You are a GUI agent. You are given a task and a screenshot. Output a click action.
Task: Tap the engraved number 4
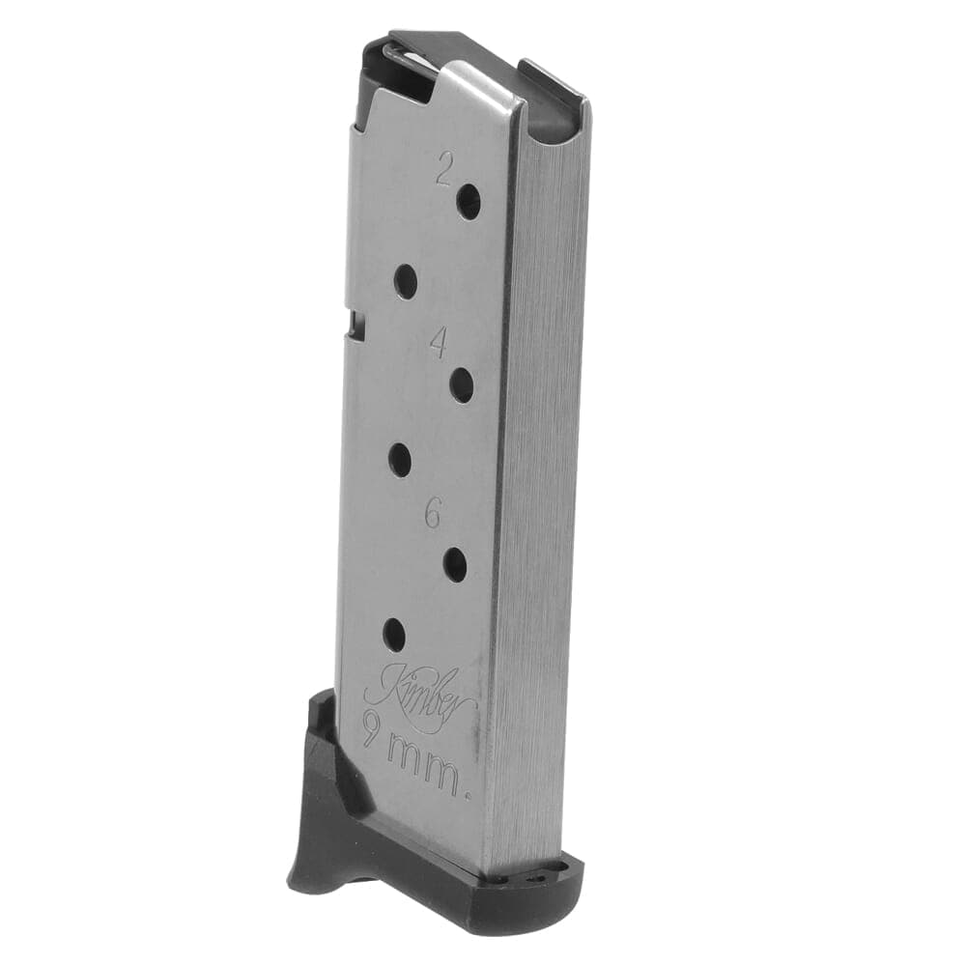(438, 343)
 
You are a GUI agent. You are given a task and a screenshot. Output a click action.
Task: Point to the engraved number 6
(434, 513)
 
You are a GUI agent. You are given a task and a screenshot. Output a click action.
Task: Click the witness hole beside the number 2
(469, 201)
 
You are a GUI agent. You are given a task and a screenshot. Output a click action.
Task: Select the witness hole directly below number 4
(462, 385)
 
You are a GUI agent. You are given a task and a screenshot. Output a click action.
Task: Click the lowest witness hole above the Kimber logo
(394, 635)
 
